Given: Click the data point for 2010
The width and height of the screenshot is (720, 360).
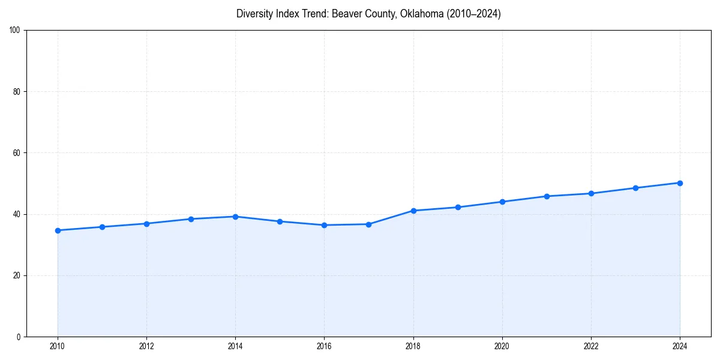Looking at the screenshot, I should (x=58, y=230).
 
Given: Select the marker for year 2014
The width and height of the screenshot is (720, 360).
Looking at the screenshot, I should (x=235, y=217).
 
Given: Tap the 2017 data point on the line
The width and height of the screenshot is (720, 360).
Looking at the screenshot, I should (x=368, y=224).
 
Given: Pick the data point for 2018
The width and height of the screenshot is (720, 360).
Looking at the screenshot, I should (x=413, y=211).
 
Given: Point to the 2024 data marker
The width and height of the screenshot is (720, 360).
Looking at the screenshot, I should (x=680, y=183).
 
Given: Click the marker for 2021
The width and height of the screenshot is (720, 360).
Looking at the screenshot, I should (x=547, y=196).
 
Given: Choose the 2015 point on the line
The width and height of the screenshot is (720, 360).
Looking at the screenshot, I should (x=280, y=221).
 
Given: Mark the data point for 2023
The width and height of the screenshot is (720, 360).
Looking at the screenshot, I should (x=635, y=188).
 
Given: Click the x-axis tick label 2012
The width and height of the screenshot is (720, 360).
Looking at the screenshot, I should (x=146, y=346).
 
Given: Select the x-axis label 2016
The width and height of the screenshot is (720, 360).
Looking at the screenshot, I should (x=324, y=346).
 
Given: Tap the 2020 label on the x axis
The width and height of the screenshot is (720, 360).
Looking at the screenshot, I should (x=502, y=346).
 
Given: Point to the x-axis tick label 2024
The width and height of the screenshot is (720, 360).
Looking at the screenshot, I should (x=680, y=346).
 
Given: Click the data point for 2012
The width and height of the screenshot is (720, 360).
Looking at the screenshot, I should (x=146, y=224).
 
